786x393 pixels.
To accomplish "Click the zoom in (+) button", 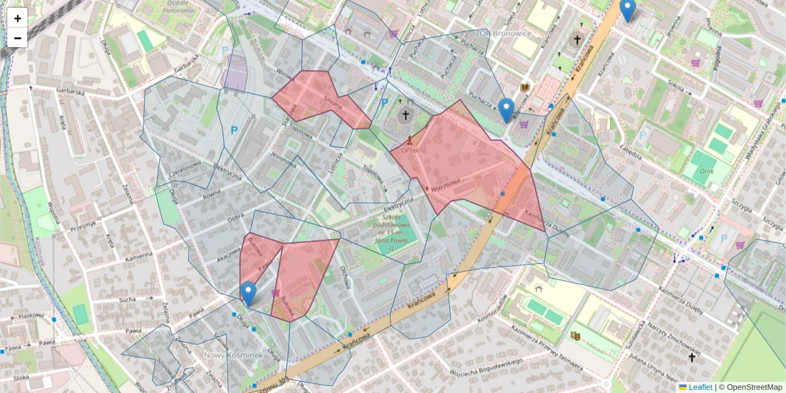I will click(18, 18).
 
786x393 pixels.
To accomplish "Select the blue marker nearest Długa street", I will click(248, 293).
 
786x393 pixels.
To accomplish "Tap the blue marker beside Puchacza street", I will click(506, 110).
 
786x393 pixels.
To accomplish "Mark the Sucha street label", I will click(127, 301).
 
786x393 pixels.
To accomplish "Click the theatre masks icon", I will click(576, 336).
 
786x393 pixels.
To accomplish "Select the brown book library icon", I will click(525, 87).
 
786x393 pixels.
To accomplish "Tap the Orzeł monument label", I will click(410, 149).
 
